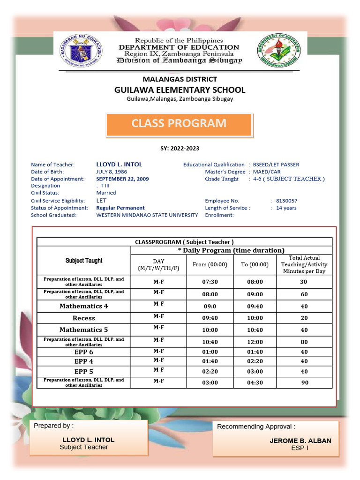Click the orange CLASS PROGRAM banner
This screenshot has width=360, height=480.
(179, 124)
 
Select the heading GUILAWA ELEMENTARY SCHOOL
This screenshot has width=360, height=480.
(180, 90)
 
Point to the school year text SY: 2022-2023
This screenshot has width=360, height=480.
(180, 149)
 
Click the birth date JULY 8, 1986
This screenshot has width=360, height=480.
(112, 172)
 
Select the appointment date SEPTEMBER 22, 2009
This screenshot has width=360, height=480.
(122, 179)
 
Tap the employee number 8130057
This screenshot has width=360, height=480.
(287, 201)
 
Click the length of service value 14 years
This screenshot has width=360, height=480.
(286, 208)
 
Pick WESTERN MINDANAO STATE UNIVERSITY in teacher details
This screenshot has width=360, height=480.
(147, 215)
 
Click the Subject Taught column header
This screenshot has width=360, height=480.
(83, 261)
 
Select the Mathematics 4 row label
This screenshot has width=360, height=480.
(83, 306)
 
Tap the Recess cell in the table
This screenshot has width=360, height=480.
(83, 318)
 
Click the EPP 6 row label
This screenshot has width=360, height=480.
(83, 352)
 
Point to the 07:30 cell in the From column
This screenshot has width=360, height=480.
(210, 282)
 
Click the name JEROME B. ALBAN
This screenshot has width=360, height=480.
(300, 441)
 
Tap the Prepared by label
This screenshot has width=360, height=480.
(53, 426)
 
